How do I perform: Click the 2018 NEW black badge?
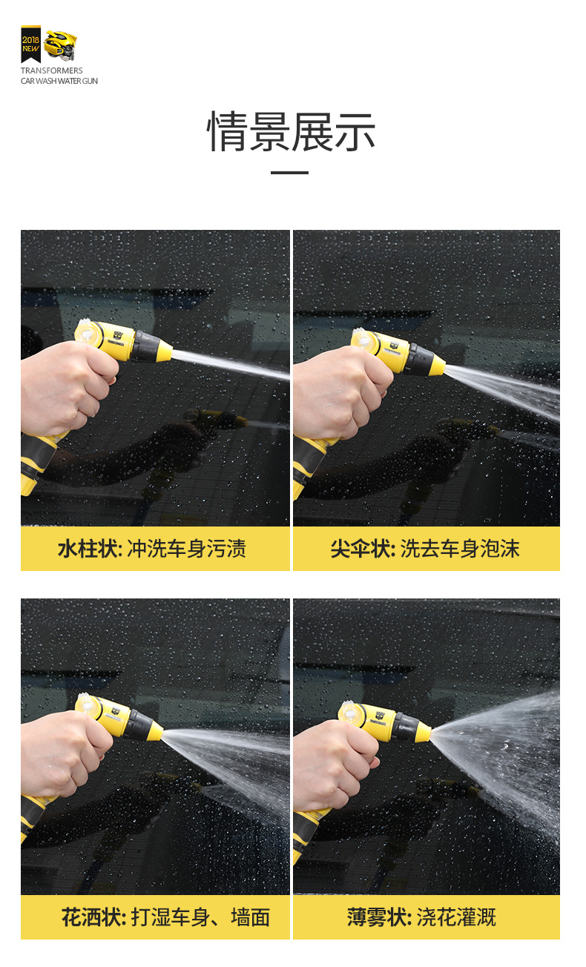click(x=30, y=44)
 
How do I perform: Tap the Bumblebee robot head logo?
click(x=61, y=44)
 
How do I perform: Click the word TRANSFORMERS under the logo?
click(x=52, y=70)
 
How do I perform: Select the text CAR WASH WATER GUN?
click(x=59, y=81)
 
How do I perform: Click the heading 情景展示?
click(x=291, y=131)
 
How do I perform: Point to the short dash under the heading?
click(x=289, y=173)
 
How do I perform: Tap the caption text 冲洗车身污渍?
click(x=186, y=549)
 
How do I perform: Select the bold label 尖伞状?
click(x=361, y=549)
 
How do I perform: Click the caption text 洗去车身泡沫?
click(x=460, y=549)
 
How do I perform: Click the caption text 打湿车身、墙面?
click(x=201, y=917)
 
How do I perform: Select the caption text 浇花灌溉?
click(x=456, y=917)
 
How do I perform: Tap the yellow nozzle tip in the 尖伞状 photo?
click(x=436, y=365)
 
